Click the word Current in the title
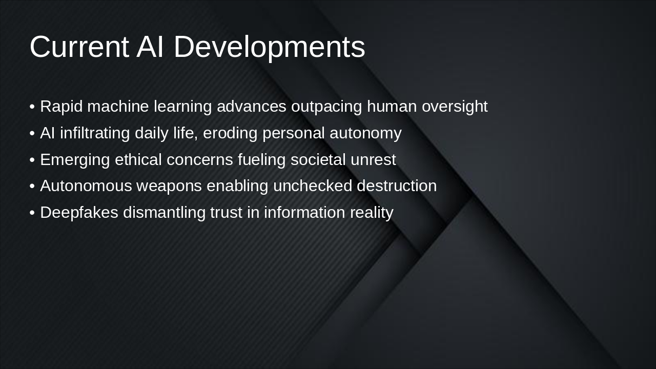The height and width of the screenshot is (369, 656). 79,47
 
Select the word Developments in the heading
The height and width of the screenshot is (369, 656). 269,47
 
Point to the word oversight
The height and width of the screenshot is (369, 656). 455,107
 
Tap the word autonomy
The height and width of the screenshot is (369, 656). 365,133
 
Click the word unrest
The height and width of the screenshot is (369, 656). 373,160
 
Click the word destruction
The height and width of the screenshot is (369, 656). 397,186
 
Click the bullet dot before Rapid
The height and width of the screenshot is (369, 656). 32,107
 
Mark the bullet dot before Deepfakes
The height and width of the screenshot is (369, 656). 32,213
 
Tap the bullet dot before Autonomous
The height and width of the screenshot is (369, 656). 32,187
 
